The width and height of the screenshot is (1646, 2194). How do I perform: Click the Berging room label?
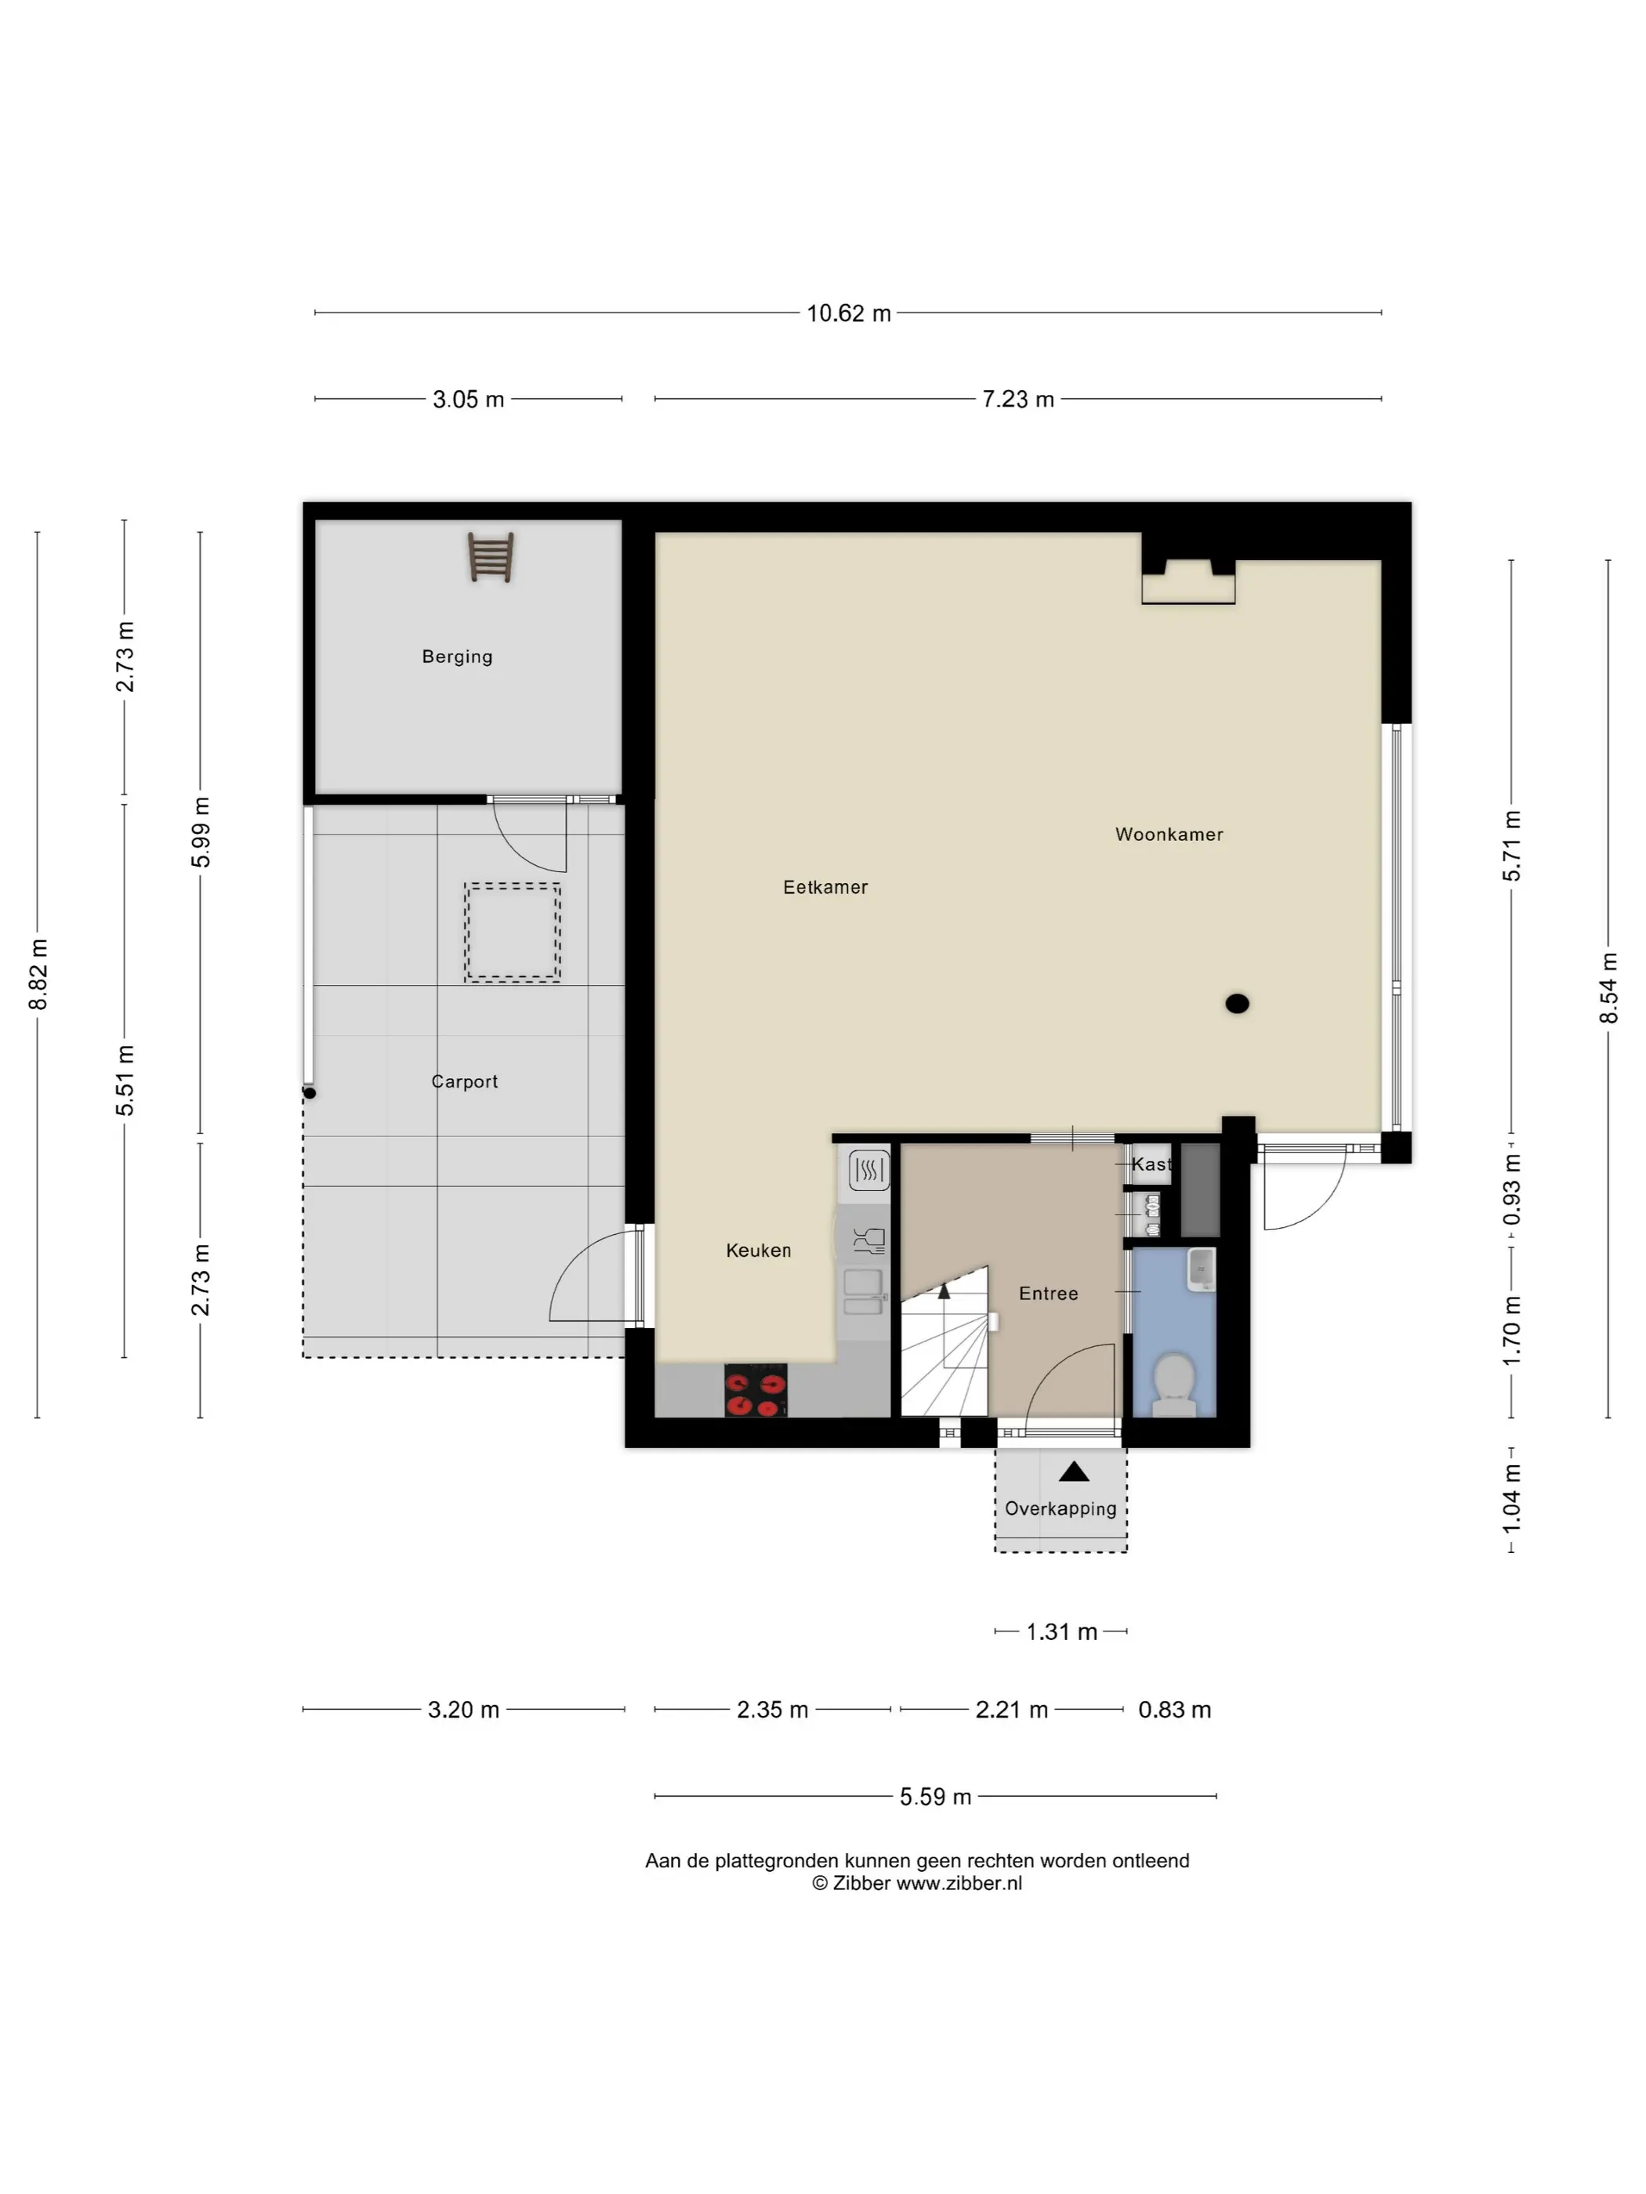coord(456,657)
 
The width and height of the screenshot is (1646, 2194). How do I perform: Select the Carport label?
coord(464,1081)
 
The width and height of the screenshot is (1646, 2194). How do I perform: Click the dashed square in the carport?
coord(512,932)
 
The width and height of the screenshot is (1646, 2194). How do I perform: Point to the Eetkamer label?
coord(825,887)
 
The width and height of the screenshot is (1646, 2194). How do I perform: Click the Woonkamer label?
coord(1169,835)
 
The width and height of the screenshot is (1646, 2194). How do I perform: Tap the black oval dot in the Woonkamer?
coord(1237,1004)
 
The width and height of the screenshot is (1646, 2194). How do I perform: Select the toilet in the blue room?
coord(1175,1384)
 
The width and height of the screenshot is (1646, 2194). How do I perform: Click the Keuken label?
coord(759,1251)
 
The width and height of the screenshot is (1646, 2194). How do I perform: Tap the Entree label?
coord(1049,1294)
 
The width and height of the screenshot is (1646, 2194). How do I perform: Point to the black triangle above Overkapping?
coord(1074,1472)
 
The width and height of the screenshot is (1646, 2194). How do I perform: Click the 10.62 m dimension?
coord(848,313)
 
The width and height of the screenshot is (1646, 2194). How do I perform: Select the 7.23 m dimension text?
coord(1018,399)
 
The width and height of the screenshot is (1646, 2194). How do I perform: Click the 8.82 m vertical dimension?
coord(38,975)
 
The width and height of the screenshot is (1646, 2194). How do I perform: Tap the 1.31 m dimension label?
coord(1061,1631)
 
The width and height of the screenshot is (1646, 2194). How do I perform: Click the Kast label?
coord(1151,1164)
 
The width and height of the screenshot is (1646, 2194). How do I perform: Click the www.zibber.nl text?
coord(959,1884)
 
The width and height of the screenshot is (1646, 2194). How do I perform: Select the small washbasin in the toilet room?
coord(1202,1269)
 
